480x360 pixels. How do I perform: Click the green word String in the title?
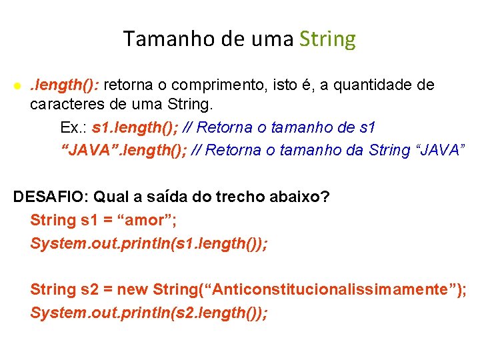tap(327, 39)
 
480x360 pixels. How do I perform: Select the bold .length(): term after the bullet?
tap(65, 85)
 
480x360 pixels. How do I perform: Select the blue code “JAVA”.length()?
tap(123, 150)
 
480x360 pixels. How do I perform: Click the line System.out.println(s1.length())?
tap(149, 243)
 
